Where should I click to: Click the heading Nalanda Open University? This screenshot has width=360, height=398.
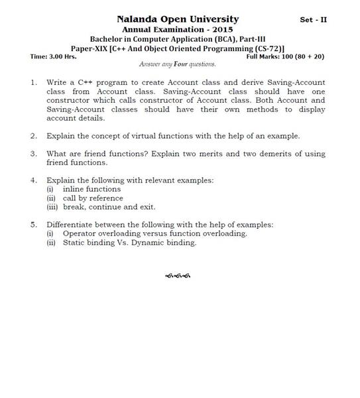178,19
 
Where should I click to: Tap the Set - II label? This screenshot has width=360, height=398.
313,20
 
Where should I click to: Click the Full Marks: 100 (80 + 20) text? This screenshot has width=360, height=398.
285,56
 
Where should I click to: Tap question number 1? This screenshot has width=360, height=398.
33,84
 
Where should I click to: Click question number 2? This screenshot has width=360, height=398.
33,136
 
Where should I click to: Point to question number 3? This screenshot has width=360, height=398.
33,154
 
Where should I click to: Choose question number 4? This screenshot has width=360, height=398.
33,180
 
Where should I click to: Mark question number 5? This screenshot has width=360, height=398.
33,224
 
